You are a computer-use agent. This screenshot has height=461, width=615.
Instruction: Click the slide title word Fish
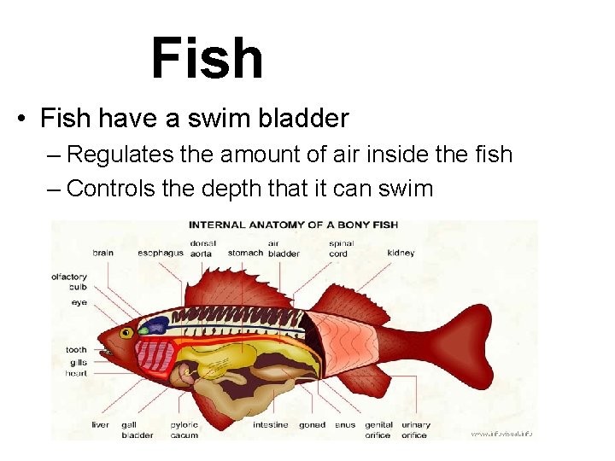[207, 58]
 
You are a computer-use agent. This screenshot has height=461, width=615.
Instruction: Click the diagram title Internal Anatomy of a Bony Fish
[293, 225]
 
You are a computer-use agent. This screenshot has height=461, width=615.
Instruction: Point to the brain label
[102, 253]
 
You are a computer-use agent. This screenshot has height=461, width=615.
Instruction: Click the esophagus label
[161, 253]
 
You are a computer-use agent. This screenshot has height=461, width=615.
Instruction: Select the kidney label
[401, 253]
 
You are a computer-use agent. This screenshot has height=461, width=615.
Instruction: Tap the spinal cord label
[339, 248]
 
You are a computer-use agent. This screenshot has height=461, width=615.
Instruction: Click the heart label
[77, 373]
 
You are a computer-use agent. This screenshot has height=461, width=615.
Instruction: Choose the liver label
[100, 424]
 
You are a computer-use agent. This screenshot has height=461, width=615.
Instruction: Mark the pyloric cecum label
[184, 429]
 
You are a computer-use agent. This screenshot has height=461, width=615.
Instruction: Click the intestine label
[270, 424]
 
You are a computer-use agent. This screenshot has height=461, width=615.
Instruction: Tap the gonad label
[312, 424]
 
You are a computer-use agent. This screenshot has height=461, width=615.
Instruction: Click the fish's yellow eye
[126, 333]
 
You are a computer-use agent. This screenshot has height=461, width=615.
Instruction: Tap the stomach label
[246, 253]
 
